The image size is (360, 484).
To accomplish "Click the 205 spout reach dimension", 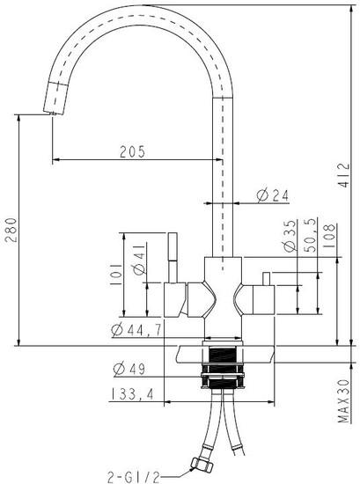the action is [x=132, y=152].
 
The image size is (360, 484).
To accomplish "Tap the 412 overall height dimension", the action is [x=343, y=175].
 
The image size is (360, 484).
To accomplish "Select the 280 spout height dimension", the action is [x=11, y=230].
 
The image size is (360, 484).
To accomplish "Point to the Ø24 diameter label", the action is [x=273, y=195].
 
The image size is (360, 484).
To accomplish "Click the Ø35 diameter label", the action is [x=290, y=235].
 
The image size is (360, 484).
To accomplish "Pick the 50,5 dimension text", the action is [x=311, y=235].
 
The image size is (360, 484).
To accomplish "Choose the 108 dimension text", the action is [x=329, y=236].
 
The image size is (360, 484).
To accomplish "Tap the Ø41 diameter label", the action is [x=139, y=260].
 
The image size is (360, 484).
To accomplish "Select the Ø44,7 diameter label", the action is [x=136, y=330].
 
